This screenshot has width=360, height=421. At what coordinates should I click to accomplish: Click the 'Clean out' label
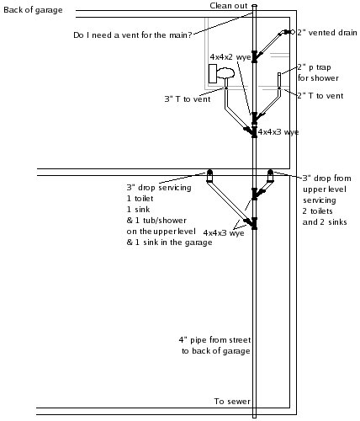229,6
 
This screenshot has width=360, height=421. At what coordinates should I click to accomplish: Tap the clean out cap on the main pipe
254,5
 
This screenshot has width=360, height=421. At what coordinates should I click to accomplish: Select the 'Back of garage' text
33,10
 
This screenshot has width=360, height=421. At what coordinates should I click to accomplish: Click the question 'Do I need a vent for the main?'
133,35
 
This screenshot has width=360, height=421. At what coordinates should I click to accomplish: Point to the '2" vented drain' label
327,33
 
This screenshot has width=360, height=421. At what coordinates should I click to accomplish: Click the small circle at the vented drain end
293,32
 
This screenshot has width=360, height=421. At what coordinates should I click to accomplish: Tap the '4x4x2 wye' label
230,57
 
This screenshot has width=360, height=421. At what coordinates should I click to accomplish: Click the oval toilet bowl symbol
225,73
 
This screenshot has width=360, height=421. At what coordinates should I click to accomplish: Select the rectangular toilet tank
213,73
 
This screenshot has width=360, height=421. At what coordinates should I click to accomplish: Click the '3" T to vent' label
188,99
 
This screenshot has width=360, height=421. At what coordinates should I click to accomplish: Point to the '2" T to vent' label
320,96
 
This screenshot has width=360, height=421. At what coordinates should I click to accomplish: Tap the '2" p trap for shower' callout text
318,72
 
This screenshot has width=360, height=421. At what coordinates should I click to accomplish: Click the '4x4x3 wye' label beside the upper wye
278,132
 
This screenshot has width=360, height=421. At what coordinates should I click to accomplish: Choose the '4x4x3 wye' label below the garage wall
224,233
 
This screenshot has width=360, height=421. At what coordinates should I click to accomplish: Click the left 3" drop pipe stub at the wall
209,176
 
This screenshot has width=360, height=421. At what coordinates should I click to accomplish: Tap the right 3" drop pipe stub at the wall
270,176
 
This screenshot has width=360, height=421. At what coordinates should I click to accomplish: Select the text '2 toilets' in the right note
317,211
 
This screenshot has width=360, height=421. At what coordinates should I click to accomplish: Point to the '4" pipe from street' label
215,340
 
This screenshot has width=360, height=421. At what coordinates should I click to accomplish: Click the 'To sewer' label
232,402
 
